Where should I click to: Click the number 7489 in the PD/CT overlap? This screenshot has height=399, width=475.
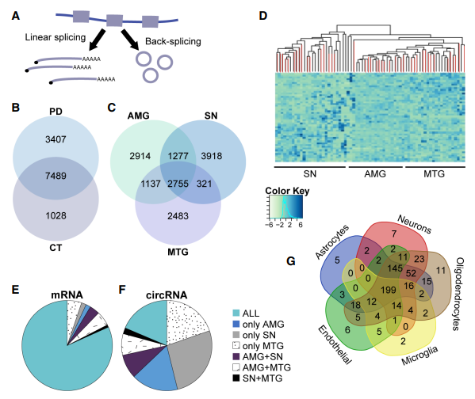pos(56,176)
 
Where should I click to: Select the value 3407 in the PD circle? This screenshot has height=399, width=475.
pos(56,139)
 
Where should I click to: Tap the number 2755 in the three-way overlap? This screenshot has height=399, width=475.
pos(178,184)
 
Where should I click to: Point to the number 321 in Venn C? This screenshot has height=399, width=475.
pos(204,184)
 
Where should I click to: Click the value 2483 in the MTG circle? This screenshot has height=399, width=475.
pos(178,216)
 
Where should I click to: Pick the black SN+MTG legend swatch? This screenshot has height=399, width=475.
pos(236,378)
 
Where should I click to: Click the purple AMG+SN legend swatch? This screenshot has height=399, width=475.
pos(236,357)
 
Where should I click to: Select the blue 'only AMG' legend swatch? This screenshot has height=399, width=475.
pos(236,325)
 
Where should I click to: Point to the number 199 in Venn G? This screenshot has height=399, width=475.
pos(389,290)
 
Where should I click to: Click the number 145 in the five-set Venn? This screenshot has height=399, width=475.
pos(395,268)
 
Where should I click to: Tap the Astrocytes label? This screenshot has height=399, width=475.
pos(332,242)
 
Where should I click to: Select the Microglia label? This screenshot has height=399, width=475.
pos(419,355)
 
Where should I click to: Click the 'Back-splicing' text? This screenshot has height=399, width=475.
pos(173,41)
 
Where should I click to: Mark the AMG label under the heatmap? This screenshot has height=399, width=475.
pos(375,174)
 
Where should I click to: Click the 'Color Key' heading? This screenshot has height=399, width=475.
pos(287,191)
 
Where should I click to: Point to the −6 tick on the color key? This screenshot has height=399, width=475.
pos(269,225)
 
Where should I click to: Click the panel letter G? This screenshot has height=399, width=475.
pos(291,260)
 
